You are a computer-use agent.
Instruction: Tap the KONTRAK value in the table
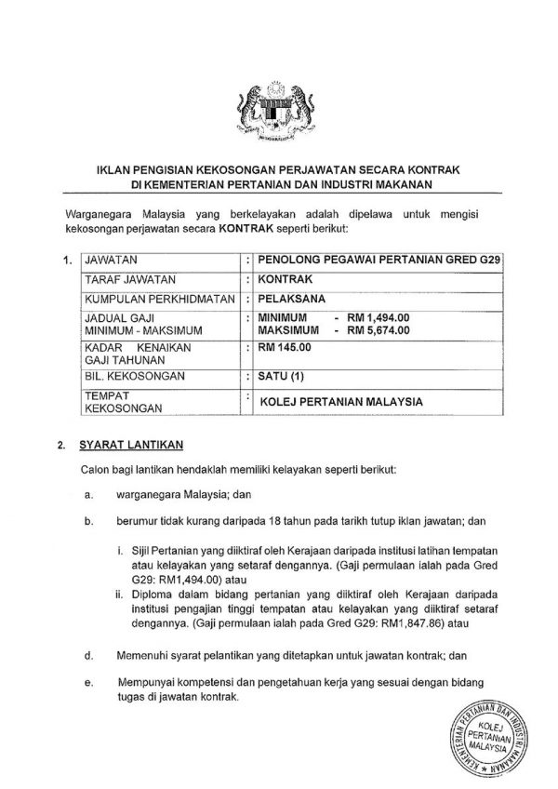[287, 280]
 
